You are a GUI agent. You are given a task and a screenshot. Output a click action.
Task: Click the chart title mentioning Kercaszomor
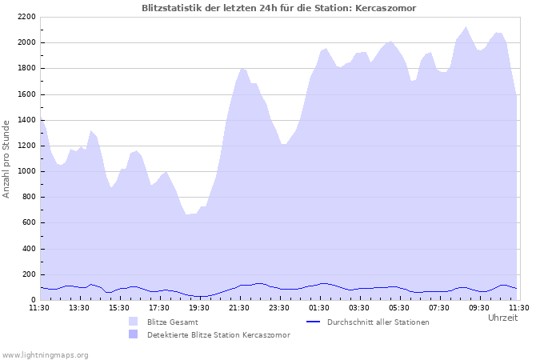pos(278,8)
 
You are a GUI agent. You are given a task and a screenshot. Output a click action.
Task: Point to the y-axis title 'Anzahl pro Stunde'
pos(6,158)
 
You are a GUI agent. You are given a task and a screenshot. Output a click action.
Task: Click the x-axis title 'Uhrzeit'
pos(502,318)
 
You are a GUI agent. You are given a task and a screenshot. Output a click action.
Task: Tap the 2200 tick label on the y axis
pos(25,17)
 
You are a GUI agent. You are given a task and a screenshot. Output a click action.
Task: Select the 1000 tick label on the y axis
pos(25,171)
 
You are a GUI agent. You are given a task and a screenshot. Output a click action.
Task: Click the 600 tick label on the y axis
pos(27,223)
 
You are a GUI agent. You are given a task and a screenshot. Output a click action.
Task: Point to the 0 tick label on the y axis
pos(33,300)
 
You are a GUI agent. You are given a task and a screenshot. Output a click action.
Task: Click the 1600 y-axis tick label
pos(25,94)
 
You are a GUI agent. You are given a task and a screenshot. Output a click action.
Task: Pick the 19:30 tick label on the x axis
pos(199,307)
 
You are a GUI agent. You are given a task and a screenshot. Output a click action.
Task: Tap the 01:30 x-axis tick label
pos(319,307)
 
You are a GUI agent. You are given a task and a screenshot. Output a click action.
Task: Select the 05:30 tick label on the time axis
pos(399,307)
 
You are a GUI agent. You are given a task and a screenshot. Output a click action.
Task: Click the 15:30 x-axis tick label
pos(119,307)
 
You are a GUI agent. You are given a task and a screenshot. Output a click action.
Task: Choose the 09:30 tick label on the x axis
pos(479,307)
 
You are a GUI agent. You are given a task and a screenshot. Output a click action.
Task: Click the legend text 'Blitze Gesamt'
pos(172,322)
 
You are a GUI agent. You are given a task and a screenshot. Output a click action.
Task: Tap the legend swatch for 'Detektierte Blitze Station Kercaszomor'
pos(133,334)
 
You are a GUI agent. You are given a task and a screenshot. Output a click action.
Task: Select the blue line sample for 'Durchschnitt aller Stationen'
pos(314,322)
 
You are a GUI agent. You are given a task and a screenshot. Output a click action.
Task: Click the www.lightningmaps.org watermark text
pos(46,354)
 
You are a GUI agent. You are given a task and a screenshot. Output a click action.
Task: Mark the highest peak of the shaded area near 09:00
pos(466,27)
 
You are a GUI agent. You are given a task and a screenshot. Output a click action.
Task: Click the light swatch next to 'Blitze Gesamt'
pos(133,322)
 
